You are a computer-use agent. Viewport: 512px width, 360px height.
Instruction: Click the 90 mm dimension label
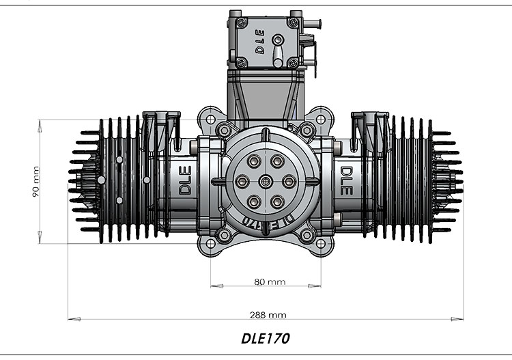click(36, 182)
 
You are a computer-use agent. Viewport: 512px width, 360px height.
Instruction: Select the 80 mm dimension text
click(270, 281)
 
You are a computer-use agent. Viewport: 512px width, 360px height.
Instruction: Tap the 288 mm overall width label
click(268, 315)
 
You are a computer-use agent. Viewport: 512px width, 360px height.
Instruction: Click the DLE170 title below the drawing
click(266, 338)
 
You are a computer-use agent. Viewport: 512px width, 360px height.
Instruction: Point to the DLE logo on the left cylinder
click(186, 181)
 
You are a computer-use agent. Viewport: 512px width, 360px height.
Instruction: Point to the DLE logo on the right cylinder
click(346, 181)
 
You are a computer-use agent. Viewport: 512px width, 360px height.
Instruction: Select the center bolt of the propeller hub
click(266, 181)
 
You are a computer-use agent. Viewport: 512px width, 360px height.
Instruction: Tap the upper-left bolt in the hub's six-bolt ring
click(253, 161)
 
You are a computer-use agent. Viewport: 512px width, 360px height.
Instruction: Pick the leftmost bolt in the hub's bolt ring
click(242, 181)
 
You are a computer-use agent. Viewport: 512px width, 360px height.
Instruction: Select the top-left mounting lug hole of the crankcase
click(222, 130)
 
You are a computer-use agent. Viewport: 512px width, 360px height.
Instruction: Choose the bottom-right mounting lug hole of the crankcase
click(308, 236)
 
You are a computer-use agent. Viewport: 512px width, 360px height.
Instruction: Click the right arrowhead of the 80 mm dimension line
click(319, 285)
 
